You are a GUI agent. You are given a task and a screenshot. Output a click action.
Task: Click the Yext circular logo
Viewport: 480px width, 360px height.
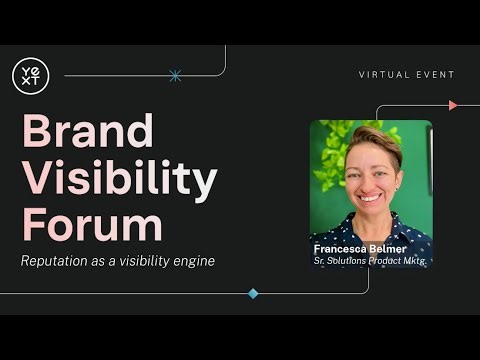(30, 75)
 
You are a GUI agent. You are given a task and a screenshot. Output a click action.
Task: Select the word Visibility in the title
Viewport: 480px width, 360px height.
(119, 180)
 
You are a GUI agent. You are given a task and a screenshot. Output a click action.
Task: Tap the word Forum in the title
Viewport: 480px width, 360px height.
(91, 226)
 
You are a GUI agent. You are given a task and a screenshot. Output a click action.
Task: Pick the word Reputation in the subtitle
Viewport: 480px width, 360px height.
(57, 261)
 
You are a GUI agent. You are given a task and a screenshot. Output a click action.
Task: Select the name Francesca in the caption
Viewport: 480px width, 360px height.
(342, 248)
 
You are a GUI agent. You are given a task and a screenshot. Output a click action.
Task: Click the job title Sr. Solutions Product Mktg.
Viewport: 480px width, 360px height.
(370, 261)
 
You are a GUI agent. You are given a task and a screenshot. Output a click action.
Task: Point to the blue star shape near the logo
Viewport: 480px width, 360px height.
(175, 75)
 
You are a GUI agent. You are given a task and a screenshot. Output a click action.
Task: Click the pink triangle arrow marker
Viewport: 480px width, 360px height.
(453, 105)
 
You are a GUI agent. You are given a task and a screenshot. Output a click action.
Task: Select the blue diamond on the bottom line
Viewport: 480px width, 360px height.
(253, 293)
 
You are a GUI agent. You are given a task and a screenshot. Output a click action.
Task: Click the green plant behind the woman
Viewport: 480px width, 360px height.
(333, 150)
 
